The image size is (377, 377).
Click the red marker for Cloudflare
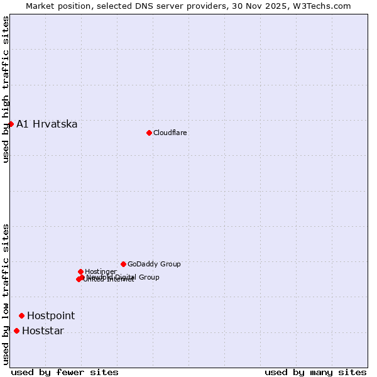tap(149, 133)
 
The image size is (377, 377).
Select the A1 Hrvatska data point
tap(11, 124)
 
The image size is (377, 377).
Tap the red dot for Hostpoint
tap(21, 315)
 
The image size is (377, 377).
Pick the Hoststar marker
tap(16, 331)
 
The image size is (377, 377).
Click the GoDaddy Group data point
tap(123, 264)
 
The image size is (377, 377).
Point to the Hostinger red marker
tap(80, 271)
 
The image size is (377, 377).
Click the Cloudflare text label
tap(170, 133)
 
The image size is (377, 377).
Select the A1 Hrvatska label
tap(47, 124)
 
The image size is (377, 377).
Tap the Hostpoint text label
tap(51, 315)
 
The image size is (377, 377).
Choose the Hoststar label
tap(43, 331)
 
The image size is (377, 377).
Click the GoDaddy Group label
tap(154, 264)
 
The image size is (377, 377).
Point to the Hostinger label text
tap(101, 271)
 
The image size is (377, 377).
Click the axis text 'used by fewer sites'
tap(65, 372)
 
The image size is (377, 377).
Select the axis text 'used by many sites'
tap(315, 372)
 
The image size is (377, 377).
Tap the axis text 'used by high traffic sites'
tap(6, 89)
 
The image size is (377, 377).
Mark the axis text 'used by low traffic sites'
tap(6, 294)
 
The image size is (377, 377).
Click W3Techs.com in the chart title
tap(320, 6)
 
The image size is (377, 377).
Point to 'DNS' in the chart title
tap(142, 6)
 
